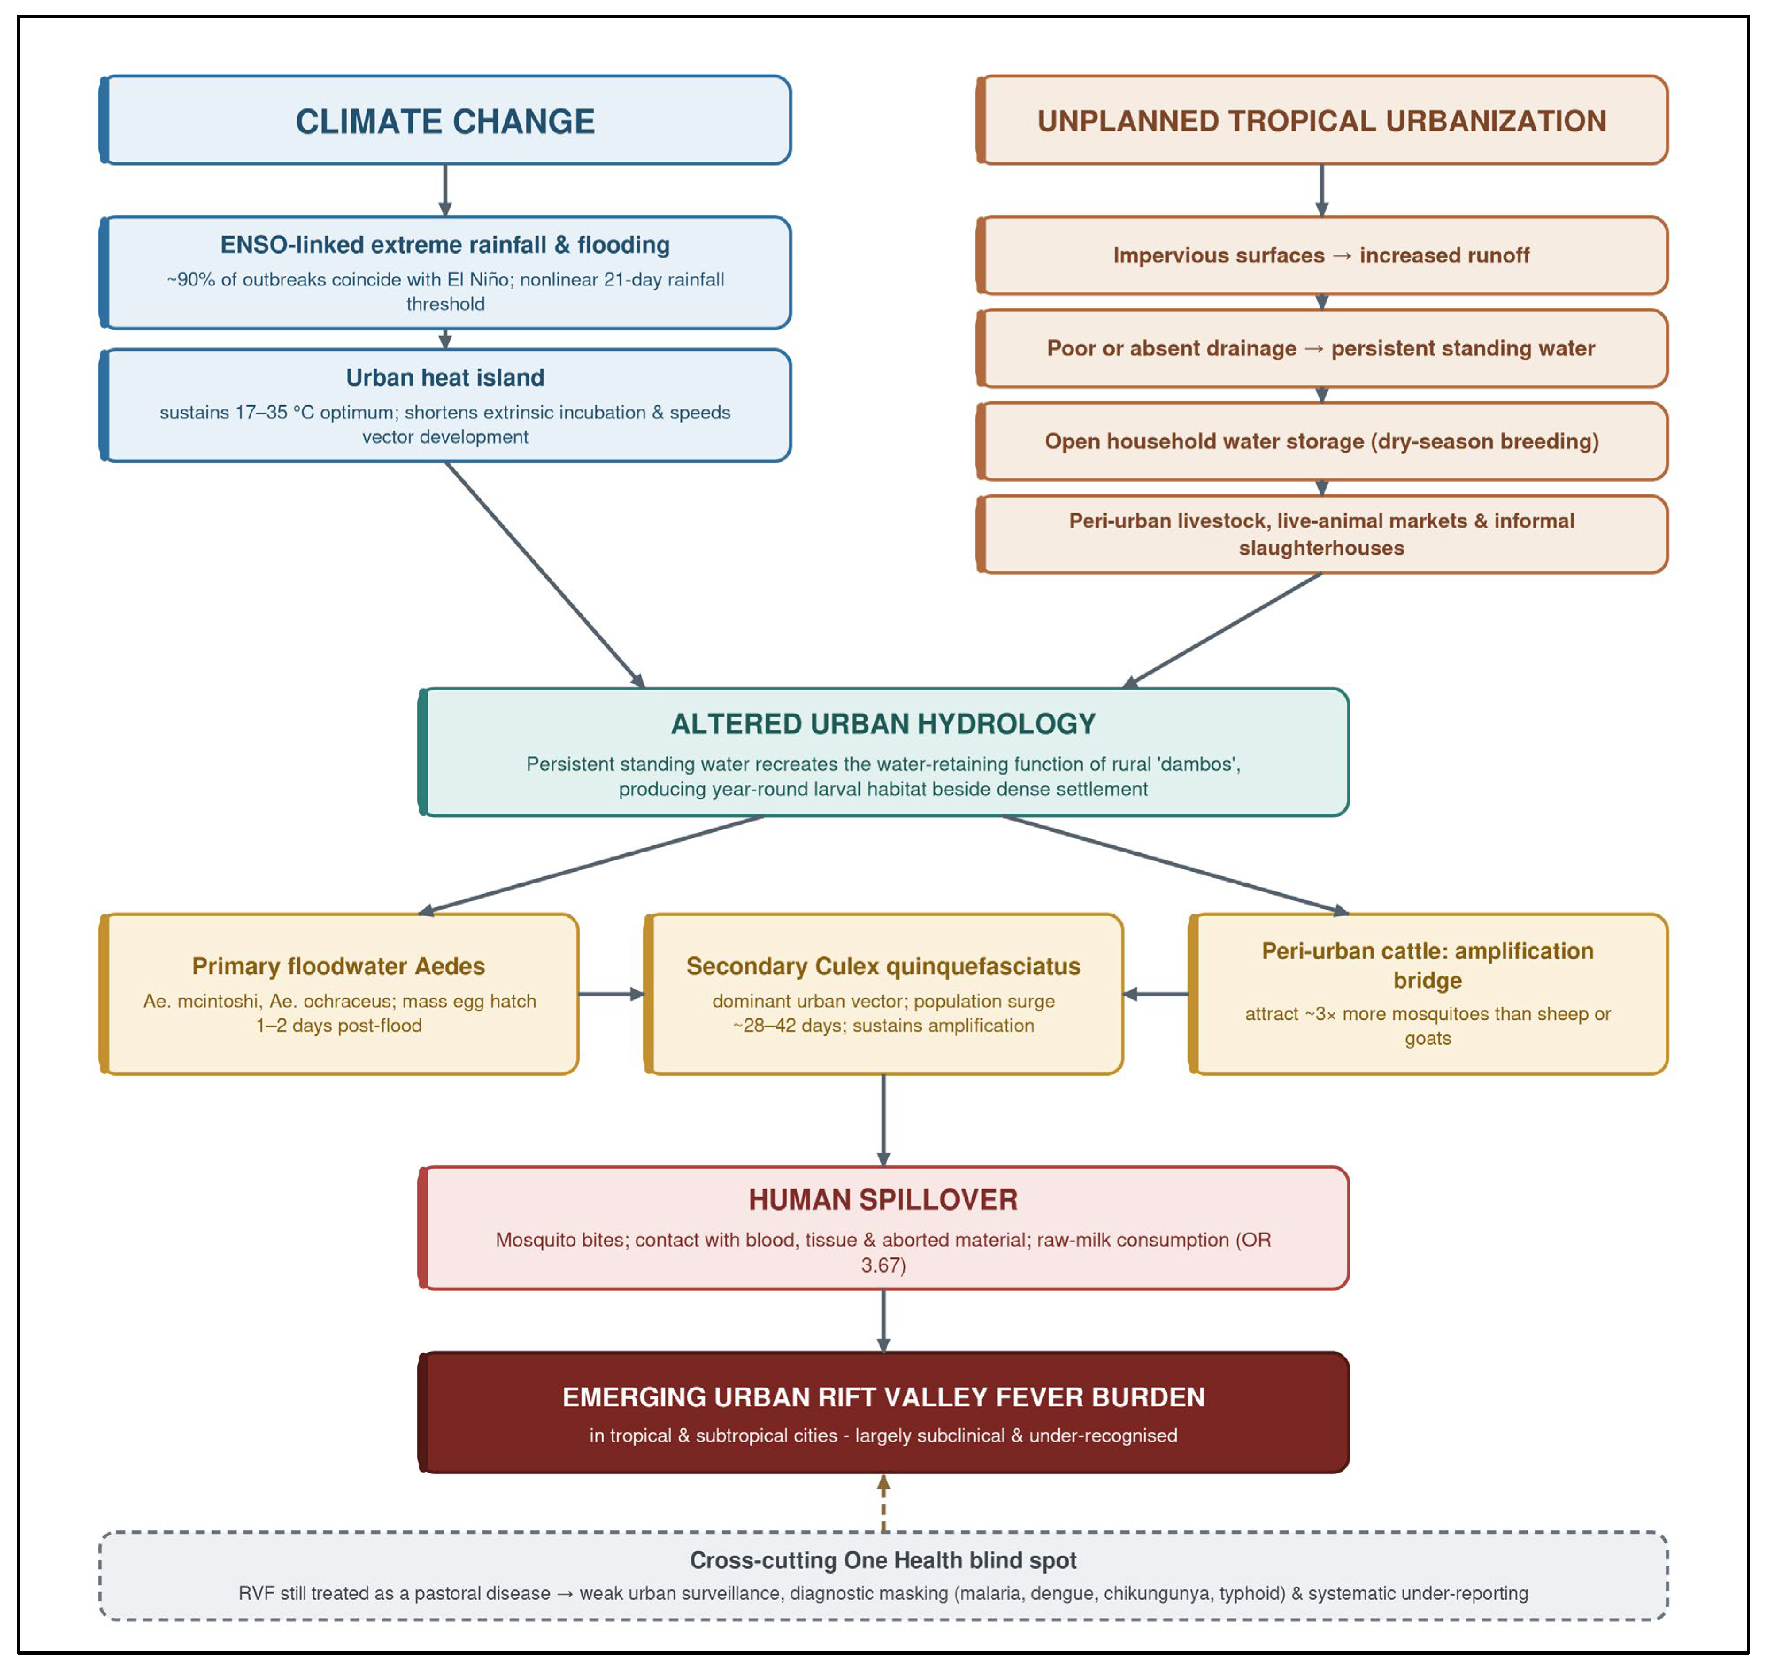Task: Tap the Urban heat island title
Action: (x=445, y=378)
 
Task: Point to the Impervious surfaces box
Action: (x=1322, y=256)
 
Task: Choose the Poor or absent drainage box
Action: (x=1322, y=348)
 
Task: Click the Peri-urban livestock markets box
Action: (x=1322, y=534)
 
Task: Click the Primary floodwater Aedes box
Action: (x=340, y=994)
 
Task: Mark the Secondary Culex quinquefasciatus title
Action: (x=884, y=966)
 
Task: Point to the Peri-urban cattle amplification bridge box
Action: (x=1428, y=994)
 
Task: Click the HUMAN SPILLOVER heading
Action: (x=884, y=1200)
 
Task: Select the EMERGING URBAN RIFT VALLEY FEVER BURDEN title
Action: (x=884, y=1396)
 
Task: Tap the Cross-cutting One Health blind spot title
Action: (x=884, y=1560)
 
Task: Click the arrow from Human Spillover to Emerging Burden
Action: (x=884, y=1321)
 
